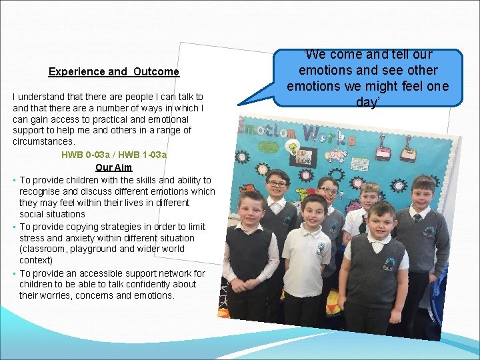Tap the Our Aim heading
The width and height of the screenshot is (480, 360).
114,168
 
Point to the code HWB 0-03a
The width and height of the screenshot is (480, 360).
85,155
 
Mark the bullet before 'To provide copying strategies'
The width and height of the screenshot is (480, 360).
14,227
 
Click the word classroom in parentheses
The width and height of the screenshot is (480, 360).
45,249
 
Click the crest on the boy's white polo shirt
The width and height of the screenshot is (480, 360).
321,249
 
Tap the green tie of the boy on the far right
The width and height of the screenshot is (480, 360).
419,217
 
